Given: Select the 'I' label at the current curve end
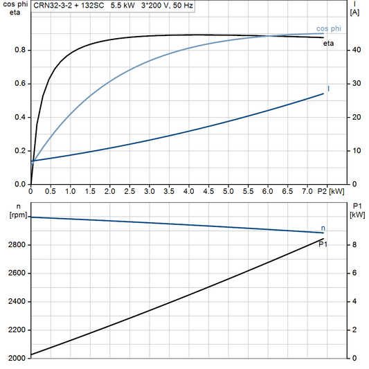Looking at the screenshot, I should coord(328,89).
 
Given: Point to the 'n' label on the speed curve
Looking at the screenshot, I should coord(323,228).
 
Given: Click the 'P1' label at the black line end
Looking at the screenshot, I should coord(323,244).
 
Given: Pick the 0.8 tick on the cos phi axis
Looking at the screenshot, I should coord(21,51).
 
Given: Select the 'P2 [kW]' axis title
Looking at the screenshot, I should coord(330,190).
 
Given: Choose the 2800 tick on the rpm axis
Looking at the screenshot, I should coord(17,245).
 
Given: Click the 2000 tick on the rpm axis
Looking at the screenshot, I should coord(17,358).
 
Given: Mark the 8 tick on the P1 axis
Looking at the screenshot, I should coord(354,245).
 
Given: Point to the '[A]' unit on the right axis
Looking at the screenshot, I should coord(355,12).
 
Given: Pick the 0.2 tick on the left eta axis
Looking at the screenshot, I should coord(21,151).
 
